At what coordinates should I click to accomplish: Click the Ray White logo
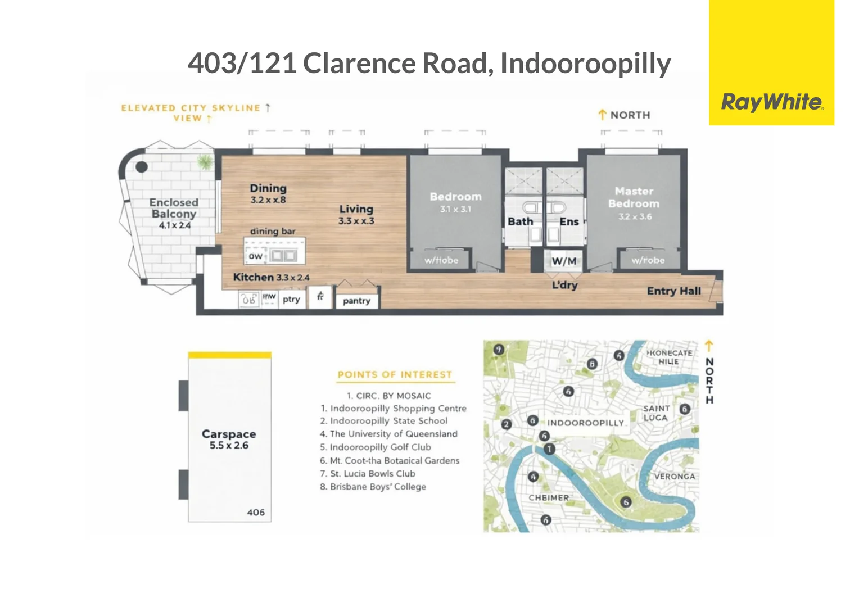(x=771, y=102)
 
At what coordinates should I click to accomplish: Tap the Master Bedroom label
(x=634, y=198)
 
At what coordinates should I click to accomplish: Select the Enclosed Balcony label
(x=174, y=208)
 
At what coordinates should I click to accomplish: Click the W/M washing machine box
(x=564, y=261)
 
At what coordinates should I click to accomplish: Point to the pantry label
(x=356, y=301)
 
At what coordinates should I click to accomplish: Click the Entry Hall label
(x=673, y=291)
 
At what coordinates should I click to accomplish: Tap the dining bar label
(x=273, y=231)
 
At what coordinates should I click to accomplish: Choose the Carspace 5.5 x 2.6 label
(x=229, y=439)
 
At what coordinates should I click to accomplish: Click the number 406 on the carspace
(x=256, y=512)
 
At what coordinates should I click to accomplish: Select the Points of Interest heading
(x=395, y=374)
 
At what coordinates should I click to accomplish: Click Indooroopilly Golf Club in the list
(x=380, y=447)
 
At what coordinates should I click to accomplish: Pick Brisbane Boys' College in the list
(x=378, y=487)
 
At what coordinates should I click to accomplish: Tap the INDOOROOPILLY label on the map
(x=585, y=423)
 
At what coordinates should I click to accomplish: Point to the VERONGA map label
(x=675, y=476)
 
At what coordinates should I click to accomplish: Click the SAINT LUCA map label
(x=656, y=413)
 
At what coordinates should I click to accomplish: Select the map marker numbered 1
(x=549, y=449)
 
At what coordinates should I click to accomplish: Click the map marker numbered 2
(x=507, y=424)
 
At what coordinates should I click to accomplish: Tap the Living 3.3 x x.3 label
(x=356, y=214)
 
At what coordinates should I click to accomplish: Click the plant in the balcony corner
(x=205, y=163)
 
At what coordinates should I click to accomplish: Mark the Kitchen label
(x=254, y=277)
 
